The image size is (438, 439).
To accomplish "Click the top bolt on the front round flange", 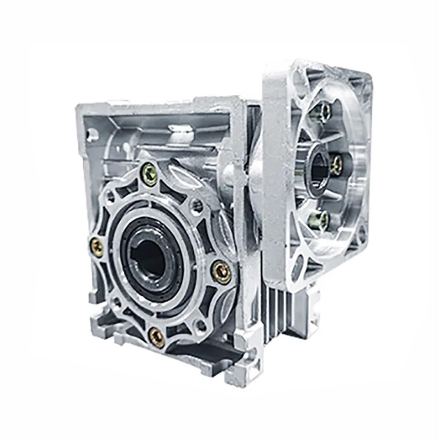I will point(150,170).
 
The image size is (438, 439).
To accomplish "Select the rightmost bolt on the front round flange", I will point(222,272).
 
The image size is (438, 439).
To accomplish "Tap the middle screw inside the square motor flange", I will point(335,165).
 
